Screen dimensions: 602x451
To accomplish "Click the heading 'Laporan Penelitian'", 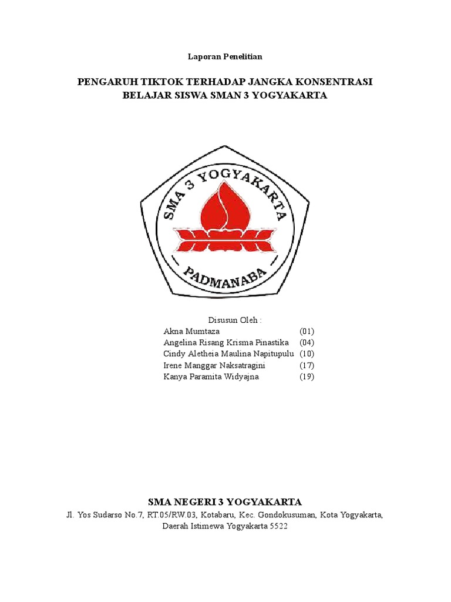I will (225, 57).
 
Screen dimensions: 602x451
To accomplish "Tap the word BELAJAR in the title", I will (144, 95).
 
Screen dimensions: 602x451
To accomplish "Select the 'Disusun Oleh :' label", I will (225, 320).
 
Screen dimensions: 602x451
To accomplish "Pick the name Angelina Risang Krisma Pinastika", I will (226, 343).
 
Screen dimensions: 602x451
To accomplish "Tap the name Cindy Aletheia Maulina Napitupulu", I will (228, 354).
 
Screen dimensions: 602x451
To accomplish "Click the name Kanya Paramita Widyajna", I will (211, 377).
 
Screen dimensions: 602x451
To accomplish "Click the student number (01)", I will (307, 331).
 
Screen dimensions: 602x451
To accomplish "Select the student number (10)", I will (307, 354).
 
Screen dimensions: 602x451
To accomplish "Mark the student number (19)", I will (307, 377).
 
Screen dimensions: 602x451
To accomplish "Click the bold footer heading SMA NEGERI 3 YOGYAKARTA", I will (225, 501).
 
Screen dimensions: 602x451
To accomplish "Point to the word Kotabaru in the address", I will (216, 516).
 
